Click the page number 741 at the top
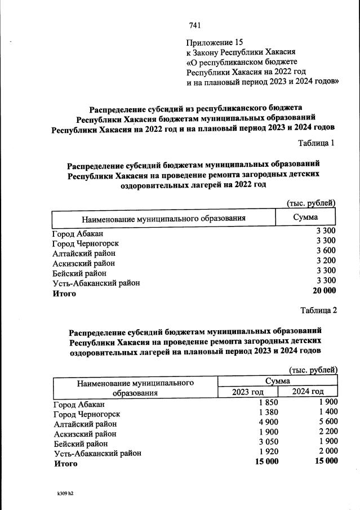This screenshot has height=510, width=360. tap(195, 25)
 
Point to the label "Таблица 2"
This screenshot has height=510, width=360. tap(318, 310)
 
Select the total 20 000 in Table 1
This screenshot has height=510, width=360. tap(324, 291)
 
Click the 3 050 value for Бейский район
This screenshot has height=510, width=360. tap(268, 443)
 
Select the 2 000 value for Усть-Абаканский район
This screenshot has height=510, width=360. tap(328, 453)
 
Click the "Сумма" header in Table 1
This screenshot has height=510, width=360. tap(306, 218)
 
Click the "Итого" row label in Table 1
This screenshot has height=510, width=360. tap(64, 293)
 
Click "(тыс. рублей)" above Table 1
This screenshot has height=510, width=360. tap(311, 203)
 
